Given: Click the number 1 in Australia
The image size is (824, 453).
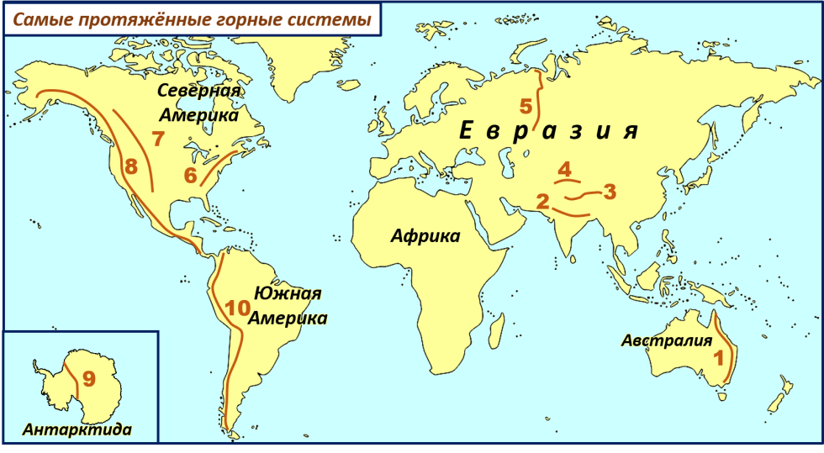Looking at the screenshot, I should pyautogui.click(x=718, y=356).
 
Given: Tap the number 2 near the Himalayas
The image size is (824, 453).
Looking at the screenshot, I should pyautogui.click(x=542, y=201).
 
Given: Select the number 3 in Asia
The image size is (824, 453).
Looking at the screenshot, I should pyautogui.click(x=610, y=192).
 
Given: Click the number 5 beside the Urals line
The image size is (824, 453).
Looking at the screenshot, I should pyautogui.click(x=526, y=107).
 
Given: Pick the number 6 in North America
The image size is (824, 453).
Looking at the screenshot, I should pyautogui.click(x=190, y=176).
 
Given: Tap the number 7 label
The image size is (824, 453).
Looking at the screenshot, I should pyautogui.click(x=157, y=140).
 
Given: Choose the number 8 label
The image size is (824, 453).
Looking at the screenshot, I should pyautogui.click(x=130, y=166).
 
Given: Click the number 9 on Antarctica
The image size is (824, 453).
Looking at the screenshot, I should pyautogui.click(x=89, y=379).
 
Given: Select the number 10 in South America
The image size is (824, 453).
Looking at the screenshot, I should pyautogui.click(x=238, y=308).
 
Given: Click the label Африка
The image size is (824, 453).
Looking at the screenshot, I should pyautogui.click(x=425, y=236).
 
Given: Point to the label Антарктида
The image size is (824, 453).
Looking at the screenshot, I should pyautogui.click(x=77, y=429).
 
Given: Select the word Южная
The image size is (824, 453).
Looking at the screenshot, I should pyautogui.click(x=293, y=293).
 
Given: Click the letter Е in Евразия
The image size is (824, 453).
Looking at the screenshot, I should pyautogui.click(x=468, y=131).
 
